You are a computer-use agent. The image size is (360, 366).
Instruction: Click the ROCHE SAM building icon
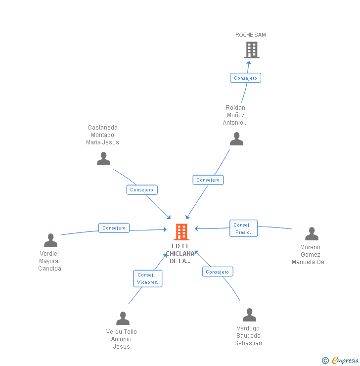(252, 50)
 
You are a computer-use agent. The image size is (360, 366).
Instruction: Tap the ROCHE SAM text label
(251, 35)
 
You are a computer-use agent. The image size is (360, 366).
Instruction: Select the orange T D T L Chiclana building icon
(181, 231)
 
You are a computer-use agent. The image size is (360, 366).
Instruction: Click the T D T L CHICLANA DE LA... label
(180, 254)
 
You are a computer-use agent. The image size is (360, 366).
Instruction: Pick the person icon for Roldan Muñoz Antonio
(237, 139)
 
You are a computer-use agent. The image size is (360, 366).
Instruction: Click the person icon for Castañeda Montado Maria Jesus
(103, 158)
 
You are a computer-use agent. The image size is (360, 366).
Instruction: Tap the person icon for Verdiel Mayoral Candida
(50, 240)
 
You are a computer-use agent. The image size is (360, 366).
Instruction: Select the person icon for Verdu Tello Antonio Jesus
(123, 318)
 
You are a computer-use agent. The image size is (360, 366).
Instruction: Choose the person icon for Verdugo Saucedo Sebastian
(250, 315)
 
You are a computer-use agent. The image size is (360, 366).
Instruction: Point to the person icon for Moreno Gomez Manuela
(312, 233)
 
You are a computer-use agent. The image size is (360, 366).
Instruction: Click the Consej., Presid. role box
(243, 229)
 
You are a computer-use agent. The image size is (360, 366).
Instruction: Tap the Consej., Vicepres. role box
(147, 278)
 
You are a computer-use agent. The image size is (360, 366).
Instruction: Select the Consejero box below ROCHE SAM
(245, 78)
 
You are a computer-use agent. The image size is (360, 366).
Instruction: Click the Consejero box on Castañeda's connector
(142, 189)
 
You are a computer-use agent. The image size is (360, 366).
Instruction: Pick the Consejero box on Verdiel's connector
(114, 228)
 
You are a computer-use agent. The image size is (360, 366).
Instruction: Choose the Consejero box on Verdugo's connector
(217, 272)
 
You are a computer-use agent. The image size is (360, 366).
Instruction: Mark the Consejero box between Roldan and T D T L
(208, 180)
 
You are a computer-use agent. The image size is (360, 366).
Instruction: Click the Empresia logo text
(346, 361)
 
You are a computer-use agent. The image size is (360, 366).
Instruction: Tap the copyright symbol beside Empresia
(325, 361)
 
